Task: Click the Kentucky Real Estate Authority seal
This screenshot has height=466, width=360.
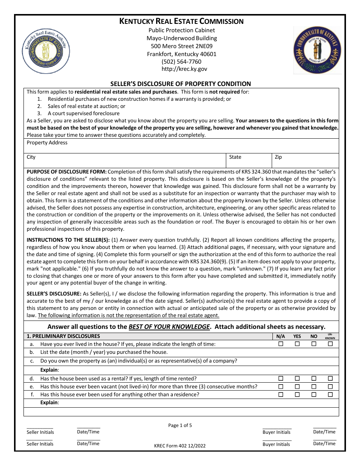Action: coord(46,51)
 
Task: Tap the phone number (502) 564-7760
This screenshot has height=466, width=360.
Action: coord(182,61)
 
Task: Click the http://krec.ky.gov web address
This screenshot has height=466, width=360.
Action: coord(182,69)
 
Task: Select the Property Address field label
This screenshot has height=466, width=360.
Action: coord(47,143)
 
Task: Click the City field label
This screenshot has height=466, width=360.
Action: coord(31,157)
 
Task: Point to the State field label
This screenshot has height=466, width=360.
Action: coord(235,157)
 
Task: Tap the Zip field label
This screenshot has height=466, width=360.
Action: coord(279,157)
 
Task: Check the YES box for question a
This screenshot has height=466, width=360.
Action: coord(297,344)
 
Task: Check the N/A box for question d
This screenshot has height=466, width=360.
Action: coord(281,378)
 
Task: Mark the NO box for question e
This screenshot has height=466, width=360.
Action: coord(314,386)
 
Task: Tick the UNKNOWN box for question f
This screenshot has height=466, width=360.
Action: coord(330,394)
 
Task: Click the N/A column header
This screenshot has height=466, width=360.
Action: coord(280,336)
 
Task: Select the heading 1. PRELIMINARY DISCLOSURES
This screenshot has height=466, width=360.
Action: coord(63,336)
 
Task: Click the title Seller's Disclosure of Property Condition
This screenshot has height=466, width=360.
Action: coord(180,84)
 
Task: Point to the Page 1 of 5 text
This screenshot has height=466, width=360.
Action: coord(180,425)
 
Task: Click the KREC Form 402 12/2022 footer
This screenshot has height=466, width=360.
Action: coord(180,446)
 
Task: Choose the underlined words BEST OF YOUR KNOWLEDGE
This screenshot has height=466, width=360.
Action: coord(169,327)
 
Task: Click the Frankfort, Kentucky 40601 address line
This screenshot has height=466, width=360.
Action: coord(182,54)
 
